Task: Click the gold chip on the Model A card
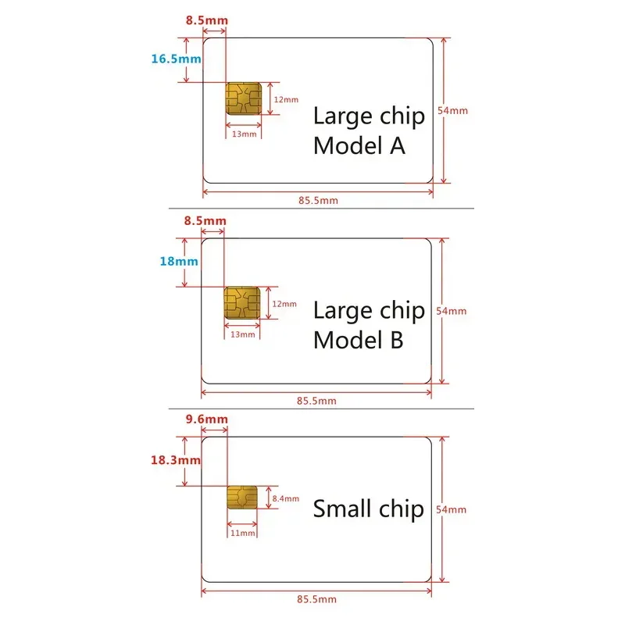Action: pyautogui.click(x=243, y=99)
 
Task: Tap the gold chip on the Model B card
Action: pyautogui.click(x=242, y=303)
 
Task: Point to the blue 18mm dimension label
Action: pyautogui.click(x=179, y=262)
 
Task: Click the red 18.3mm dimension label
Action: pyautogui.click(x=176, y=460)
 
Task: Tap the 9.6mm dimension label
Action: pyautogui.click(x=206, y=420)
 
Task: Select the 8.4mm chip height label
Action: pyautogui.click(x=285, y=497)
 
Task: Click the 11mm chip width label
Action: pyautogui.click(x=243, y=533)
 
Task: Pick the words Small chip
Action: pyautogui.click(x=369, y=509)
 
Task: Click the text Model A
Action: pyautogui.click(x=359, y=145)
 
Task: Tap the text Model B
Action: pyautogui.click(x=359, y=341)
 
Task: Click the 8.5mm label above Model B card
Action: pyautogui.click(x=205, y=221)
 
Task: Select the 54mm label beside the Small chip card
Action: pyautogui.click(x=453, y=509)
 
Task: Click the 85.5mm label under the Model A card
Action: pyautogui.click(x=318, y=201)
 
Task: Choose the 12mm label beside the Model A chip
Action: pyautogui.click(x=285, y=99)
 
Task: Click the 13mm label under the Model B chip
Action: pyautogui.click(x=243, y=334)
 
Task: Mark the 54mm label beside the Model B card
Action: pyautogui.click(x=453, y=310)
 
